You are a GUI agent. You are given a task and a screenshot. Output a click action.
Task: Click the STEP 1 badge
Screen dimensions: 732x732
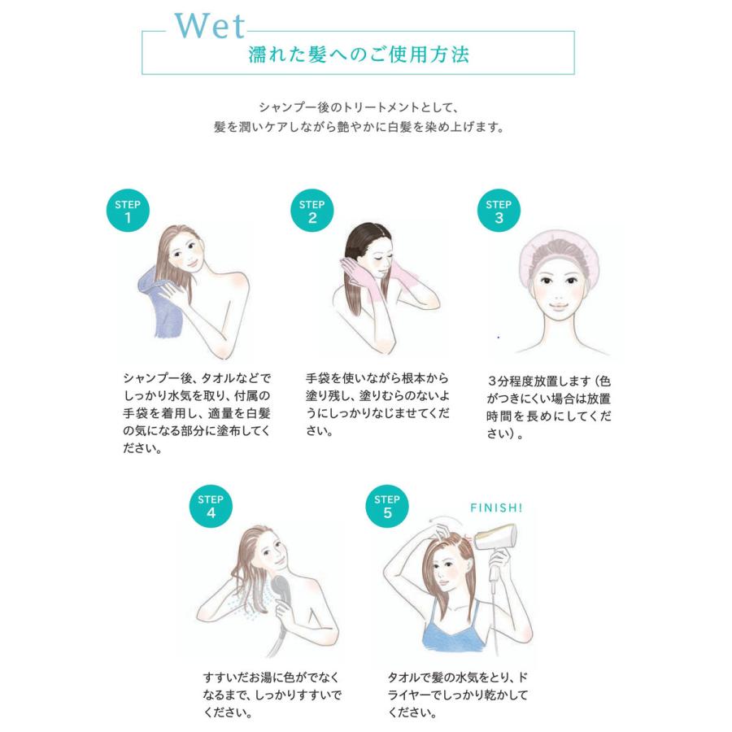(x=128, y=212)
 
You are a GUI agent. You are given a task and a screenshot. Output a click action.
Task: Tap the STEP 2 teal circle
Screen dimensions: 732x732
(x=312, y=212)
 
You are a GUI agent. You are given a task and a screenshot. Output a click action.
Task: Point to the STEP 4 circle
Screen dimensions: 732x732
(x=211, y=506)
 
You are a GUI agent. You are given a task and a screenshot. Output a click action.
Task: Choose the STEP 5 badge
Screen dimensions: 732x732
(x=387, y=506)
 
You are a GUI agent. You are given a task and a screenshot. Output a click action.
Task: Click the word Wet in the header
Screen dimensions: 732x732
(x=209, y=27)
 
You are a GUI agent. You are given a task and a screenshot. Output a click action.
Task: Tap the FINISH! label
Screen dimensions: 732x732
(x=496, y=508)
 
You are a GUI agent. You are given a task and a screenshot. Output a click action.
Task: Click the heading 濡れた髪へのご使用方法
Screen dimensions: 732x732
(x=358, y=56)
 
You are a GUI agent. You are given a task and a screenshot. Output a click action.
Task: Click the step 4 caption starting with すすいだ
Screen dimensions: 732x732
(x=272, y=695)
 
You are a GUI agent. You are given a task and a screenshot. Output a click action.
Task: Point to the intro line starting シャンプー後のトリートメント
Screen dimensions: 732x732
(x=359, y=107)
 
